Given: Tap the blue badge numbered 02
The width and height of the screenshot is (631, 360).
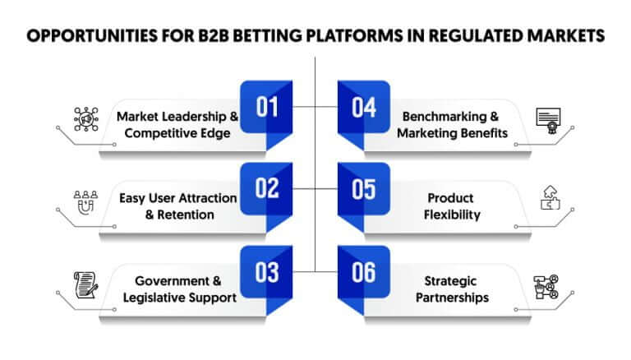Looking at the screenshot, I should coord(266,189).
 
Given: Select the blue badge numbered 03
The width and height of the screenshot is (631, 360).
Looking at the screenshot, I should coord(266,272).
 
